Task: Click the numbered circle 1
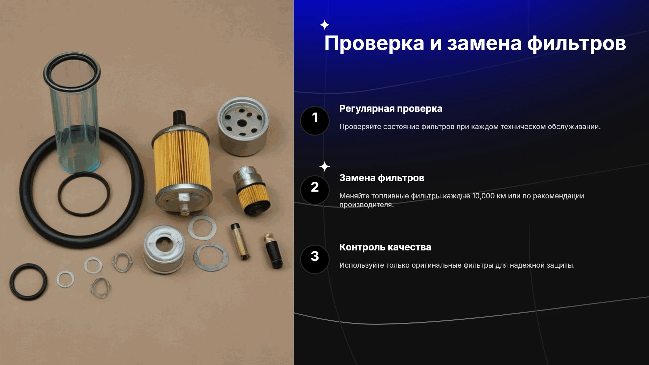tap(315, 121)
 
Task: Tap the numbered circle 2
tap(315, 190)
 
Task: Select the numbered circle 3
tap(315, 259)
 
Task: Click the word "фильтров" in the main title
tap(576, 44)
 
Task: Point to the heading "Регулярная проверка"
tap(391, 109)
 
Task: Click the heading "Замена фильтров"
tap(382, 178)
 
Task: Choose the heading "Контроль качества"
tap(385, 247)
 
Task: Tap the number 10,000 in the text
tap(483, 196)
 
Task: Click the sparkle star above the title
tap(324, 25)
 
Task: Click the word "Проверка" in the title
tap(374, 44)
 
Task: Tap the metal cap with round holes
tap(243, 126)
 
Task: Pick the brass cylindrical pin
tap(240, 241)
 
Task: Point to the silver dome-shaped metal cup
tap(164, 249)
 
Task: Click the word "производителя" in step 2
tap(366, 205)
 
